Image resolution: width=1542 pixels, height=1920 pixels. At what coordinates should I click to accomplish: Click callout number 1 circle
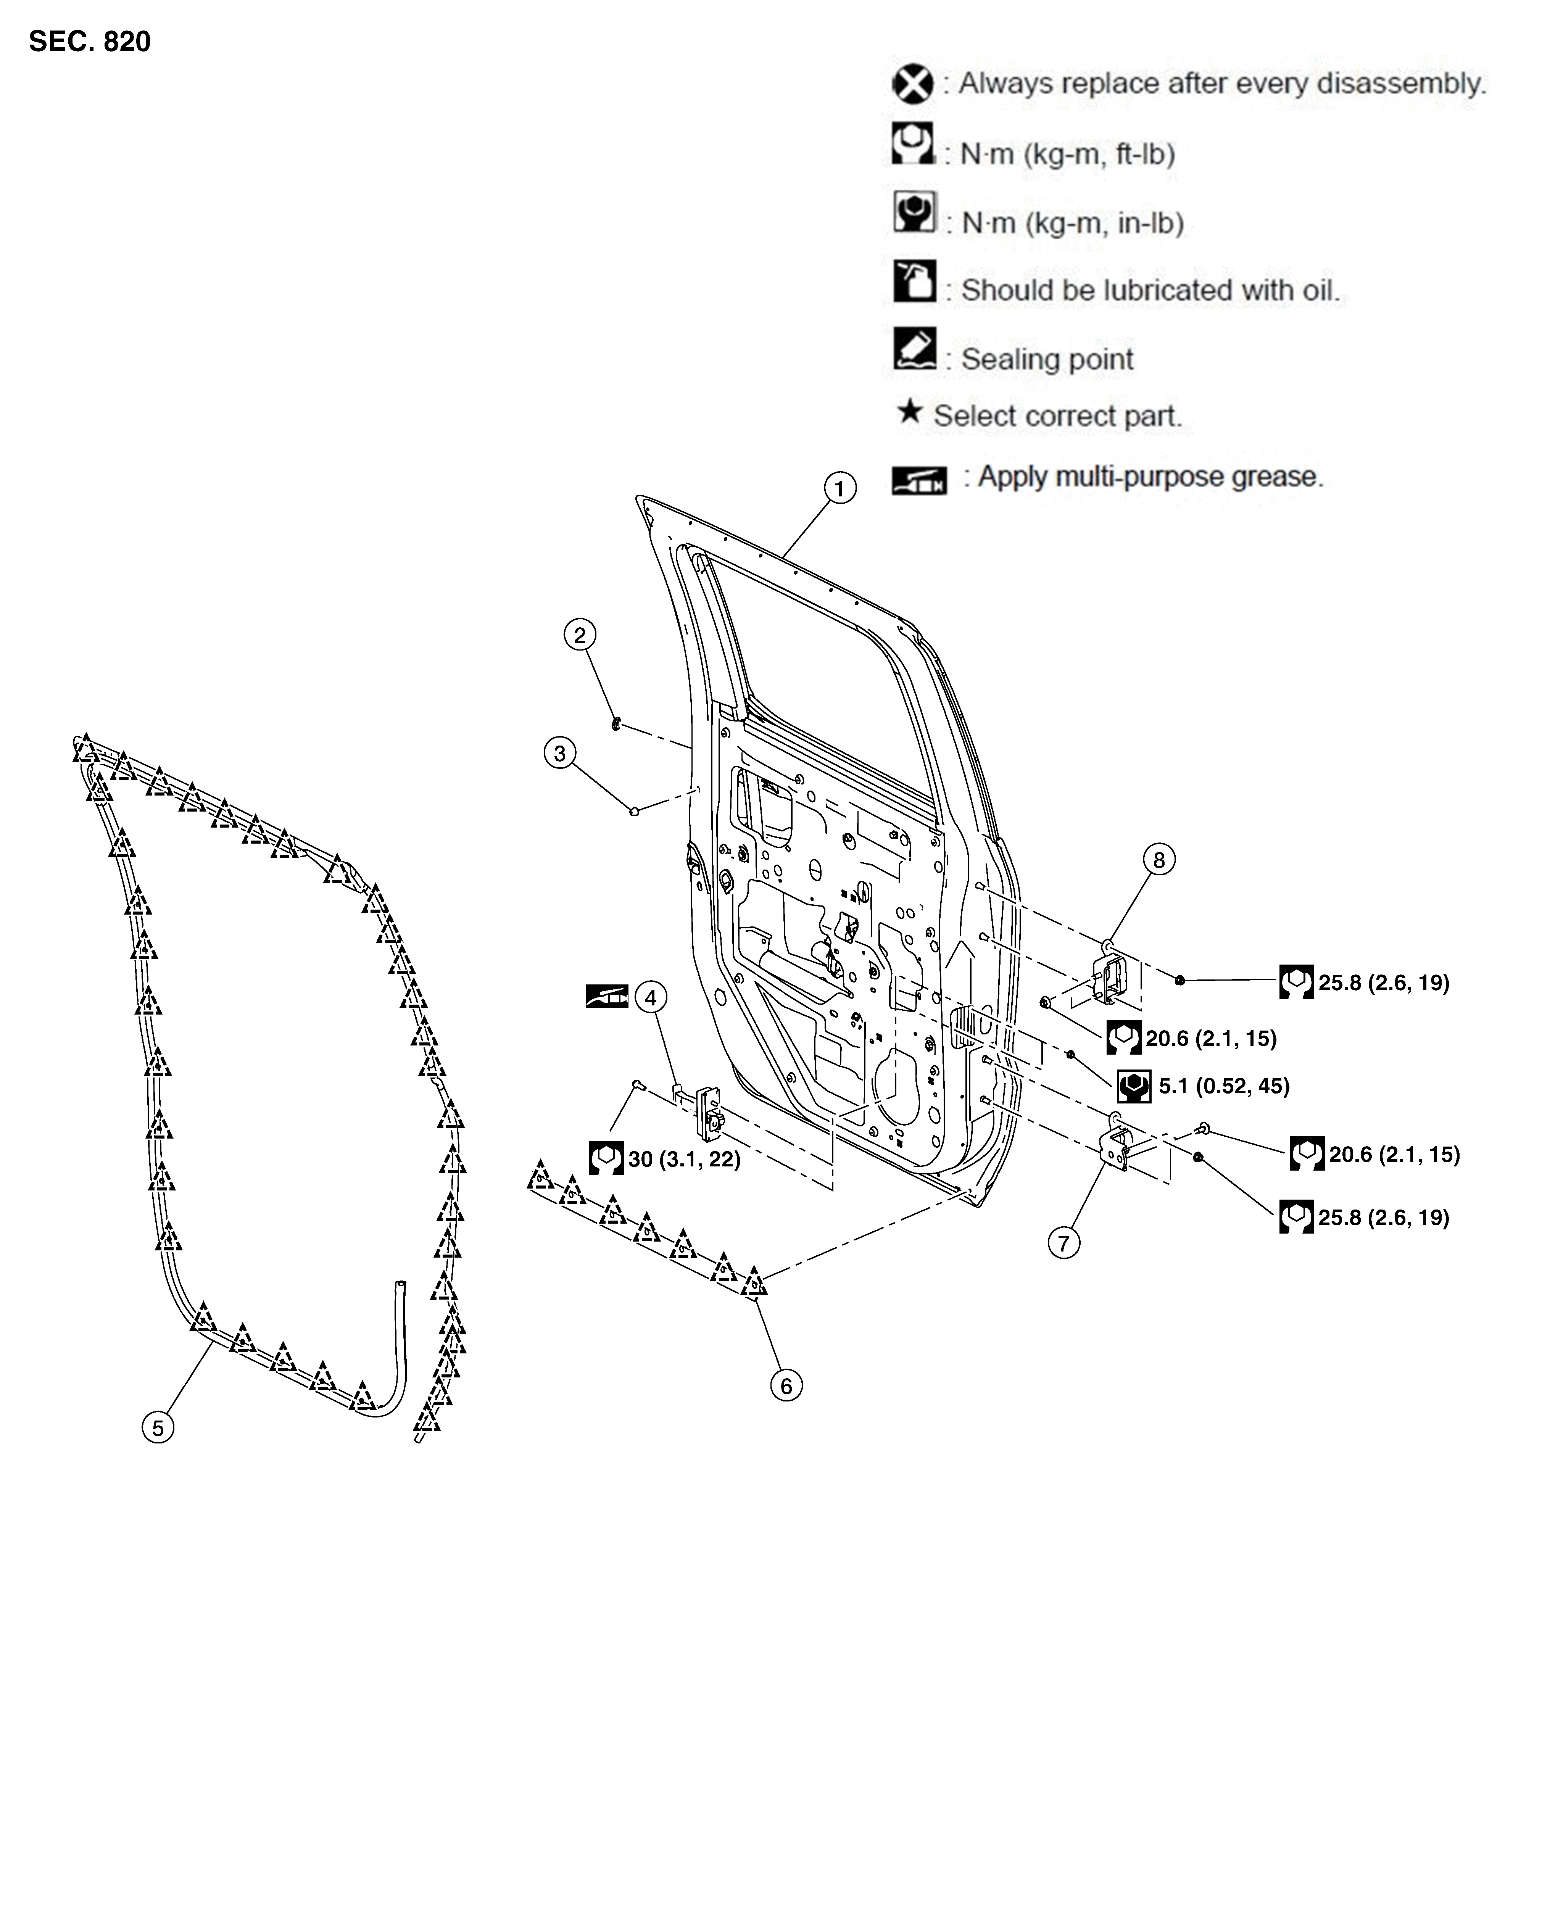(x=839, y=488)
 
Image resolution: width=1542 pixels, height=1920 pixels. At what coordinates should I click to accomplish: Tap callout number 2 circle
(x=580, y=635)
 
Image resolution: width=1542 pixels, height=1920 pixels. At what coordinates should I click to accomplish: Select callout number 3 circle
(x=559, y=754)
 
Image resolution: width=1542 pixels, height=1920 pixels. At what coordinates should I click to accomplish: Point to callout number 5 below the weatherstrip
(x=158, y=1429)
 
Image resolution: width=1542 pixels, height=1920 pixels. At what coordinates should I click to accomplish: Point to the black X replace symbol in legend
(x=913, y=85)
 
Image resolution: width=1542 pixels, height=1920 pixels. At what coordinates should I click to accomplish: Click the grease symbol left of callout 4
(x=607, y=995)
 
